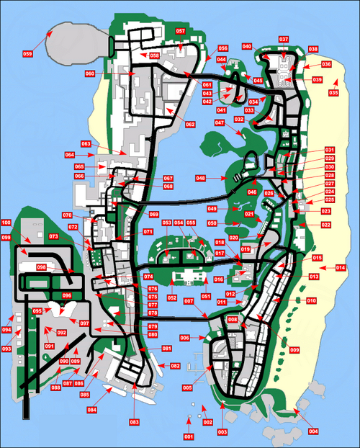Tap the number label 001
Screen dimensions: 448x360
coord(189,437)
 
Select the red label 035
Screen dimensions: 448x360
coord(333,93)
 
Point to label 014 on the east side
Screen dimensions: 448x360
coord(341,268)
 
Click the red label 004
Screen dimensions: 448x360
coord(313,431)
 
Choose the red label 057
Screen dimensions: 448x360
coord(180,32)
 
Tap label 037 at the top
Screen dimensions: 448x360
coord(284,39)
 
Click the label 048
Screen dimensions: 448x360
coord(201,178)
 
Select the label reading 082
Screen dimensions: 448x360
coord(176,366)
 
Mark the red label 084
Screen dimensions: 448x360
coord(92,410)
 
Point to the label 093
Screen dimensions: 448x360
coord(6,349)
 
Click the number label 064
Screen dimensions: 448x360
coord(70,155)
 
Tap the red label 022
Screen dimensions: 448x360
coord(326,225)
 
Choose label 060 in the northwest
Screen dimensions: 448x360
coord(90,73)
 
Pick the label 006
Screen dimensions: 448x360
coord(184,338)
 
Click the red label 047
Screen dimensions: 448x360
coord(220,123)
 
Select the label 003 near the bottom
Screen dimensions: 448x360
coord(222,431)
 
